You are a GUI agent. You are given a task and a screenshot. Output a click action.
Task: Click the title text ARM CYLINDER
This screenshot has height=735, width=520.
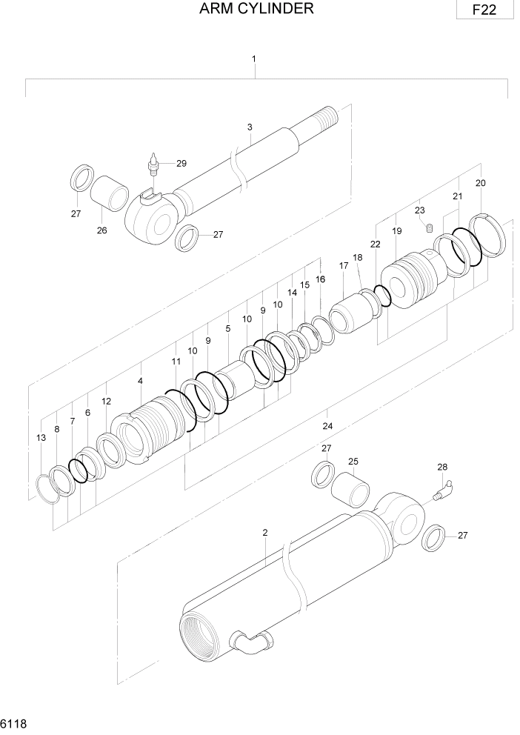click(256, 9)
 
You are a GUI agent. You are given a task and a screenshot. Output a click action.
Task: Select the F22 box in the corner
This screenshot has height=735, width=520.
click(485, 10)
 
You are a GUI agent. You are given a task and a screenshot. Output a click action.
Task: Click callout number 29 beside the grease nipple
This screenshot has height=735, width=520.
click(181, 163)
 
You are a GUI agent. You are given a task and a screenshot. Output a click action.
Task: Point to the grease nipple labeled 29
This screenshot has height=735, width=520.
click(154, 163)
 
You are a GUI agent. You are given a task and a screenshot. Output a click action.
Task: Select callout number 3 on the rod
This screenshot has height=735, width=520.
click(250, 127)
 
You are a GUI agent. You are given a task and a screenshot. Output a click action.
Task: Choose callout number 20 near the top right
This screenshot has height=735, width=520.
click(480, 183)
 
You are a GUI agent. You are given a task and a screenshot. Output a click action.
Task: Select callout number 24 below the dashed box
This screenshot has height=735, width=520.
click(327, 425)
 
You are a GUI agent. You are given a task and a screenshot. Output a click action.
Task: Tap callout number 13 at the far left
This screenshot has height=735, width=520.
click(40, 439)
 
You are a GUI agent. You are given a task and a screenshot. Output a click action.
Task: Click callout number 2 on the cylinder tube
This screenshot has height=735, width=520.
click(264, 533)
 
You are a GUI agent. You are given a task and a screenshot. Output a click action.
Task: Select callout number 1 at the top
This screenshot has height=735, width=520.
click(254, 58)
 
